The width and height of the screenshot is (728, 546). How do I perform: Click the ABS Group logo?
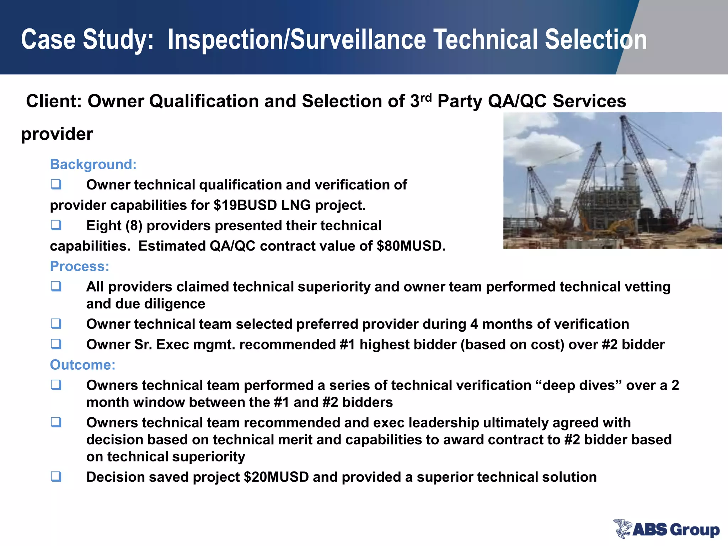tap(666, 529)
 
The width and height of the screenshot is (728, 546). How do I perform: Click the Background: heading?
tap(93, 165)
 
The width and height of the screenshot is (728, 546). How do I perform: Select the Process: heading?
tap(80, 266)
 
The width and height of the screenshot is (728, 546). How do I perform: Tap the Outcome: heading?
tap(82, 365)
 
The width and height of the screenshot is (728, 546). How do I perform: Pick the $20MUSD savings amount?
tap(276, 477)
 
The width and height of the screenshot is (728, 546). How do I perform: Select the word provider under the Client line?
tap(57, 134)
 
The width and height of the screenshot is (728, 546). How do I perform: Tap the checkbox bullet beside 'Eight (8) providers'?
tap(56, 225)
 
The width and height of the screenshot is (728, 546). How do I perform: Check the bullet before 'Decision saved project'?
tap(56, 476)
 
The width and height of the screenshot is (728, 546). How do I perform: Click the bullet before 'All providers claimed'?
tap(56, 286)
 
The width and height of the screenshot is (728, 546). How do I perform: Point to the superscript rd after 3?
tap(426, 97)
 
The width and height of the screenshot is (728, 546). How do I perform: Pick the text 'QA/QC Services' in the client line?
tap(557, 101)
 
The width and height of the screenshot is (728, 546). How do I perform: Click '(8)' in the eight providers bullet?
tap(134, 226)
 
